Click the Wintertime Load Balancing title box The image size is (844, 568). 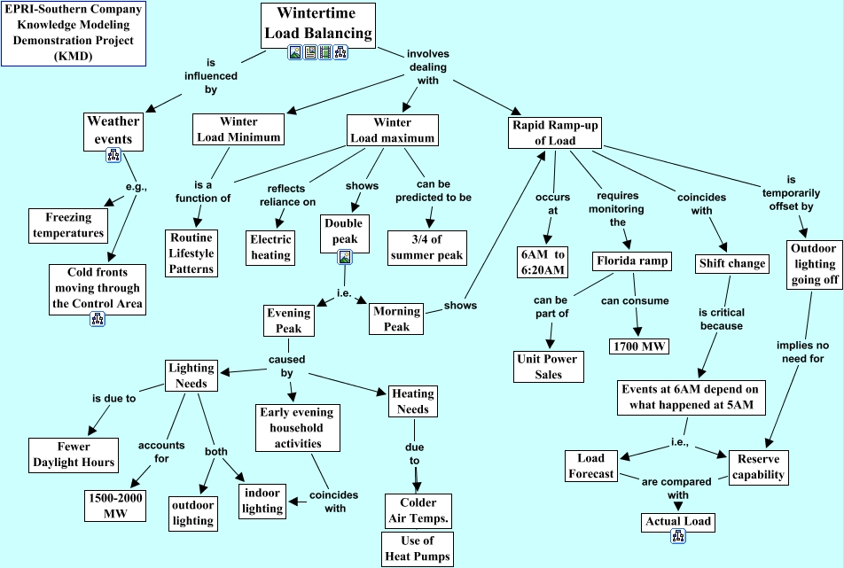click(318, 25)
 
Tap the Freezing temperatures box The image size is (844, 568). click(68, 224)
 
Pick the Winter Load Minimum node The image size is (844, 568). click(238, 129)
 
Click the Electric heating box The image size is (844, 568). click(270, 246)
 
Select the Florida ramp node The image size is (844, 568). click(633, 262)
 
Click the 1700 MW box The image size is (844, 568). click(640, 346)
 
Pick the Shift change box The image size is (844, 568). click(731, 263)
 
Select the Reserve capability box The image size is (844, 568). click(758, 466)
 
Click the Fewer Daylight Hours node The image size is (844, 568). click(74, 454)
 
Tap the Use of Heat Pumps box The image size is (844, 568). click(417, 549)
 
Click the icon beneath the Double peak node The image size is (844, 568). click(346, 257)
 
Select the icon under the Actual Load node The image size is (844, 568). click(678, 536)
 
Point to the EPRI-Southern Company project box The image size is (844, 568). click(74, 34)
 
